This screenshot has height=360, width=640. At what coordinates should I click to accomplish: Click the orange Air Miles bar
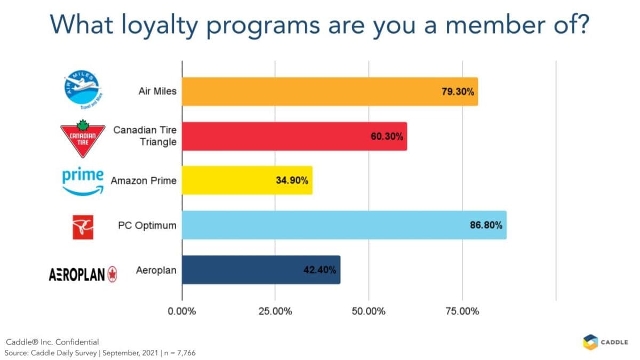[330, 91]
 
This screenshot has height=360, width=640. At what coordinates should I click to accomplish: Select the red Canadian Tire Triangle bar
[294, 136]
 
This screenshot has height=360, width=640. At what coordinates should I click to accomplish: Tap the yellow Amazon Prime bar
[247, 180]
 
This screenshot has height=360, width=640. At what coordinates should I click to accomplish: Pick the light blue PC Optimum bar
[344, 225]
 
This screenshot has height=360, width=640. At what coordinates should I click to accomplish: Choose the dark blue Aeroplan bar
[261, 270]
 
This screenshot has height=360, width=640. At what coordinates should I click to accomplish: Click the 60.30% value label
[387, 136]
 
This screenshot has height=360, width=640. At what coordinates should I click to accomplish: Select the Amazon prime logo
[82, 180]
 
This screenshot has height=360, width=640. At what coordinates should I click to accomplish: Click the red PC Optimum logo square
[83, 227]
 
